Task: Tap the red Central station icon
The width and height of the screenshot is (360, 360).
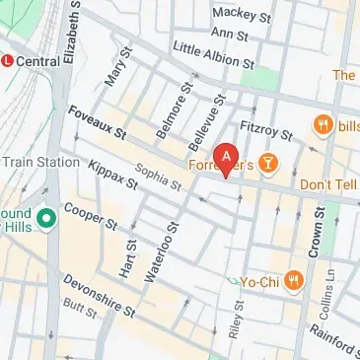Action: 9,60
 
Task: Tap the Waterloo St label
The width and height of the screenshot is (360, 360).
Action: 161,251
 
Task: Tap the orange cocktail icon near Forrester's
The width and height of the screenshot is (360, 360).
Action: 268,161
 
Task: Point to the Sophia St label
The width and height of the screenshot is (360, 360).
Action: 159,177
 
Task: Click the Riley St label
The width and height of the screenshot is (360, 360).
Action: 235,321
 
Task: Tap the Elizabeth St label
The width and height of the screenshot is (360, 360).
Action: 70,35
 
